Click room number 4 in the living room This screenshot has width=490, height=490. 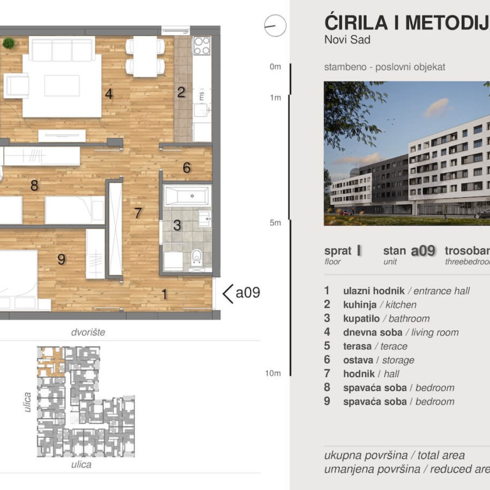pyautogui.click(x=109, y=95)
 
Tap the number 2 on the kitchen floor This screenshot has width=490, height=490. pyautogui.click(x=181, y=93)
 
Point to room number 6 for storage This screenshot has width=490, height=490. pyautogui.click(x=187, y=168)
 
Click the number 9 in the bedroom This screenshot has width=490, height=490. pyautogui.click(x=61, y=259)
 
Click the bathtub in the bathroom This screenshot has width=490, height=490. pyautogui.click(x=188, y=196)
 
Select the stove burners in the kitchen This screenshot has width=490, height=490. pyautogui.click(x=202, y=46)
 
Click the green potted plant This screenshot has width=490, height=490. pyautogui.click(x=9, y=43)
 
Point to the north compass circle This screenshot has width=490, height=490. pyautogui.click(x=275, y=26)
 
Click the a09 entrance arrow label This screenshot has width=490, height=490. pyautogui.click(x=242, y=293)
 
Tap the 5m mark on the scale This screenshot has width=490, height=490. pyautogui.click(x=275, y=223)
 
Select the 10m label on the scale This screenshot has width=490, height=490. pyautogui.click(x=273, y=373)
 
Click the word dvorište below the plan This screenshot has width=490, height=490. pyautogui.click(x=88, y=332)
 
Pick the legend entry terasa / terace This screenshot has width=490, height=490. pyautogui.click(x=375, y=346)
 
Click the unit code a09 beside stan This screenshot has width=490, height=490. pyautogui.click(x=423, y=251)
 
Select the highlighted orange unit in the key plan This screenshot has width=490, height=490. pyautogui.click(x=52, y=361)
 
